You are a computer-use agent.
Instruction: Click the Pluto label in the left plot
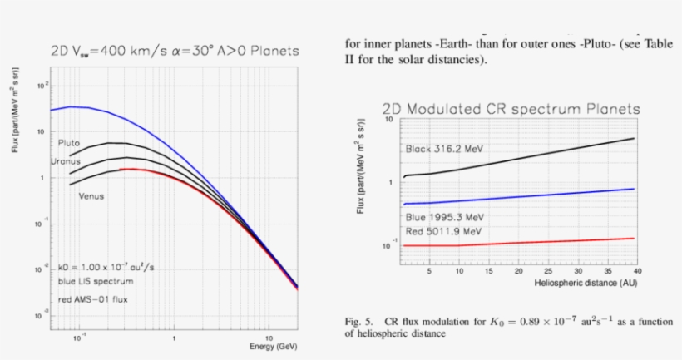(69, 143)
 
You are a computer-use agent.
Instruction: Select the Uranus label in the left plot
(66, 160)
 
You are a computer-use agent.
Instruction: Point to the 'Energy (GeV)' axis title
(272, 345)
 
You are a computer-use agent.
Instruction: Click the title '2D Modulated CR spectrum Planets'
(511, 109)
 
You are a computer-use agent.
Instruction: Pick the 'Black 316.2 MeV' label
(442, 149)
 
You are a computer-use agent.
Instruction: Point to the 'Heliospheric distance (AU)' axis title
(588, 283)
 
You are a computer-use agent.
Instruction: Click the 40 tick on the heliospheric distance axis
(636, 271)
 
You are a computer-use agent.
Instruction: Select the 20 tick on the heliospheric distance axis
(518, 271)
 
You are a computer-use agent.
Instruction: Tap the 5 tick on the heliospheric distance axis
(429, 271)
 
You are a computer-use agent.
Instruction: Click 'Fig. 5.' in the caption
(359, 320)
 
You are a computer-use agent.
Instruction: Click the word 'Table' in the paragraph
(654, 45)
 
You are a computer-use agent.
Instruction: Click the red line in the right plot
(532, 242)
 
